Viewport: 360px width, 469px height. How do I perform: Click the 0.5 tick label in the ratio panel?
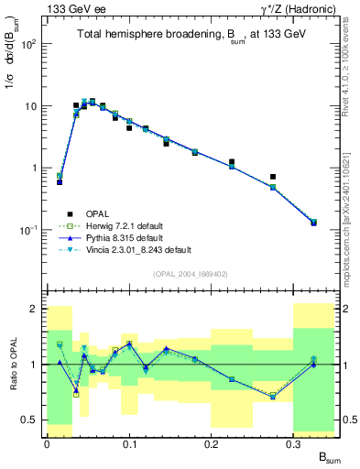pyautogui.click(x=30, y=420)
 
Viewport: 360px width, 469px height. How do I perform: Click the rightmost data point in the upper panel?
pyautogui.click(x=313, y=223)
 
